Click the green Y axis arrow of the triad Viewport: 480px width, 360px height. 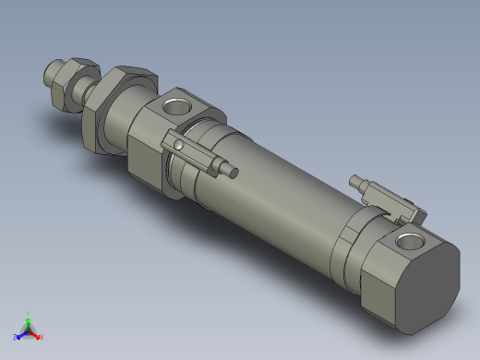[29, 318]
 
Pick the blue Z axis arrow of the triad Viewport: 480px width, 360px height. [18, 337]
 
